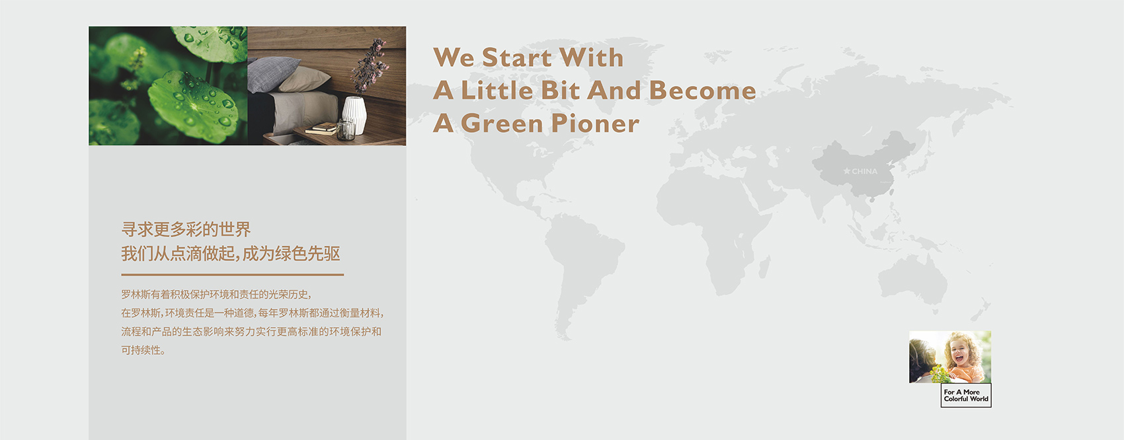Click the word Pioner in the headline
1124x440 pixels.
[x=595, y=124]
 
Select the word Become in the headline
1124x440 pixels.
[x=702, y=91]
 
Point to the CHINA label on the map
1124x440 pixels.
[x=865, y=171]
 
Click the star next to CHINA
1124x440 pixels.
[x=846, y=171]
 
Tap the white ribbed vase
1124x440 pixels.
[x=354, y=115]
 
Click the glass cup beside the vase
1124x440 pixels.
[x=346, y=129]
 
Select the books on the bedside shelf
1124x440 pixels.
[x=321, y=129]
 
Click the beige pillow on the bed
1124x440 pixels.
[x=305, y=79]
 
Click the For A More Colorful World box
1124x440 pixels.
[x=966, y=395]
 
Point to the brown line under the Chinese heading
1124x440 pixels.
[x=232, y=275]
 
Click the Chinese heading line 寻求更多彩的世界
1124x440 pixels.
[x=186, y=229]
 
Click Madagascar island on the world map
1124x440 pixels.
[x=764, y=267]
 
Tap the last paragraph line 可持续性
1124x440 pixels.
[x=143, y=350]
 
